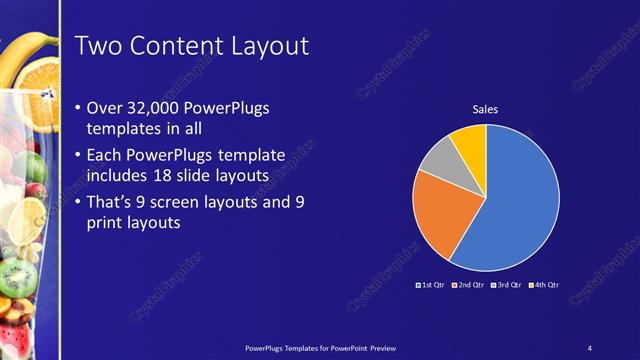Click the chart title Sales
[x=485, y=109]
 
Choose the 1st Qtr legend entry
[x=432, y=287]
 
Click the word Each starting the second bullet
[x=109, y=155]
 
